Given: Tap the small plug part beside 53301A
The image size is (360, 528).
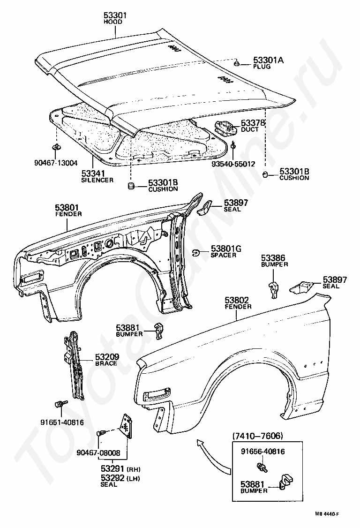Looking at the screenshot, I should point(238,63).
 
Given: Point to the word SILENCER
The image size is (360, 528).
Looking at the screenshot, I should point(97,180).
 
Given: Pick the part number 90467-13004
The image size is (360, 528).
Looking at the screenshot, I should point(56,163).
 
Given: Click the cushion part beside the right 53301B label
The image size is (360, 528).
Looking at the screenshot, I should point(265,174).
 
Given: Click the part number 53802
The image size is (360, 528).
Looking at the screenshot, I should point(238,300).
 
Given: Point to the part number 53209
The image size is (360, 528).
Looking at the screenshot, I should point(107,356).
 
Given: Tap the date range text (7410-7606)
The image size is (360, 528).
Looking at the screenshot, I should point(258,436).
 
